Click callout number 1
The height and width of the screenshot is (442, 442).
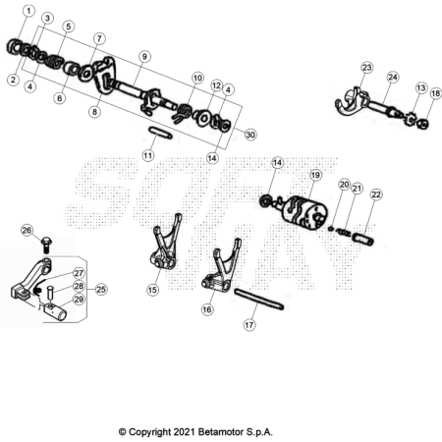(x=28, y=11)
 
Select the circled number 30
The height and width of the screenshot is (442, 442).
(x=250, y=135)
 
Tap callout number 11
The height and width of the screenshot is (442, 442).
(x=148, y=155)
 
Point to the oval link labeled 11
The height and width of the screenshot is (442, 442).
(x=160, y=133)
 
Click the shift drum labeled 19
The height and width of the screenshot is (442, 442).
(x=304, y=213)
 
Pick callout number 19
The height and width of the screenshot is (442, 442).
(x=315, y=175)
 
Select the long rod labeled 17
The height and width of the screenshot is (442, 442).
(x=258, y=299)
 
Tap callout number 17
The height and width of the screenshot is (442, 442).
(x=249, y=325)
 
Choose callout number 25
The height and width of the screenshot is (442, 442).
(x=101, y=290)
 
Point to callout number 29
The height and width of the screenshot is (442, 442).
(x=79, y=299)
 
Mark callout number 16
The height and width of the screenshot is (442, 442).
(x=207, y=309)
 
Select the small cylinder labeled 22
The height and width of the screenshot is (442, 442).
(x=363, y=238)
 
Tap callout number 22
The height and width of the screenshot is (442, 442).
(x=376, y=194)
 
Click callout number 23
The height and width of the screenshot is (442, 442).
(x=367, y=68)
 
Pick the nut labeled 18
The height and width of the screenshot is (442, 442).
(x=423, y=124)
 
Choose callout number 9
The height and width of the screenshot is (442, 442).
(x=144, y=56)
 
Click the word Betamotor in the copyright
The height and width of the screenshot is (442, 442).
(x=221, y=432)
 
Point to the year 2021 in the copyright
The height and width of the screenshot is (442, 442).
(x=183, y=432)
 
